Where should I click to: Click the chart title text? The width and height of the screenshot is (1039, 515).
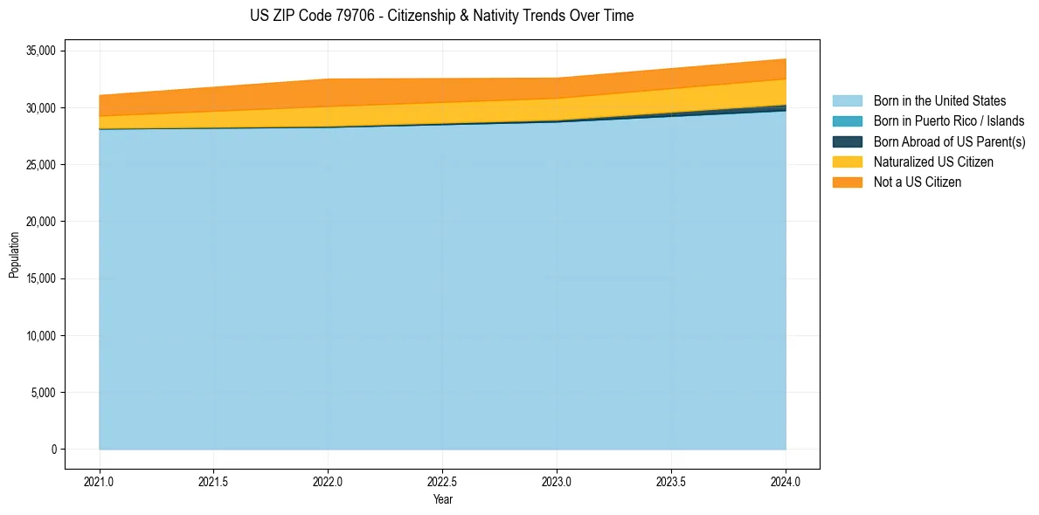(x=441, y=16)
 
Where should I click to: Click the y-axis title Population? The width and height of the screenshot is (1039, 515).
(x=14, y=254)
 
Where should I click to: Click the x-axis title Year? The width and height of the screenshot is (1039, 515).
(x=442, y=499)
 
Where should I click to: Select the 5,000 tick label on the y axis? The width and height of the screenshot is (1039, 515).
(x=42, y=393)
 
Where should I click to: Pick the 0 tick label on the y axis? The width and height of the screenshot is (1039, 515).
(x=53, y=450)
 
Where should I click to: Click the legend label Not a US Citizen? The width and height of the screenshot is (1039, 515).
(x=918, y=182)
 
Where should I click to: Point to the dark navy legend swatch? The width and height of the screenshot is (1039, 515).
(x=847, y=141)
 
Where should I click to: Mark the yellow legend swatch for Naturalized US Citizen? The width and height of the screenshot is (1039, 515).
(x=847, y=162)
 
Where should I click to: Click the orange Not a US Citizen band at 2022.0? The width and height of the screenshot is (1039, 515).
(x=328, y=93)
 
